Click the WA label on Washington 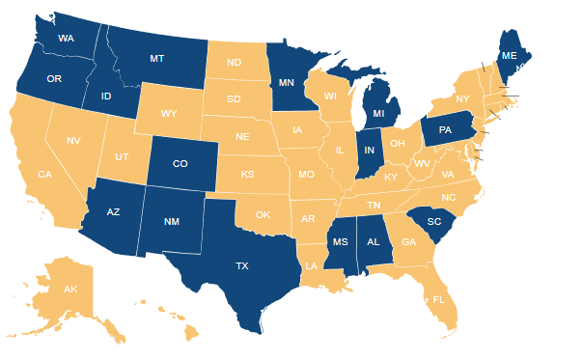coord(67,39)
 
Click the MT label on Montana coord(156,59)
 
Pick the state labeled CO coord(180,164)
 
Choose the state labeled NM coord(172,221)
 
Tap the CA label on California coord(44,175)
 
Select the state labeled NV coord(73,141)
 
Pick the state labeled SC coord(434,221)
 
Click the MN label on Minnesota coord(285,83)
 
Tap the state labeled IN coord(368,151)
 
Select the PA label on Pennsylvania coord(445,129)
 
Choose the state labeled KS coord(247,175)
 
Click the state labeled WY coord(169,114)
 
